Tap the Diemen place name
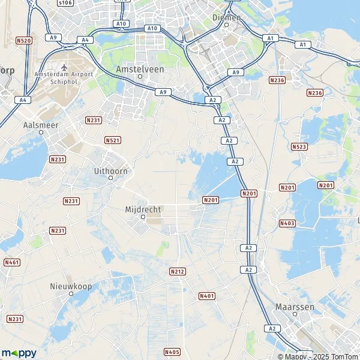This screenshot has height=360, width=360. [227, 17]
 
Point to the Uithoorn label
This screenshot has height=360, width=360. [111, 171]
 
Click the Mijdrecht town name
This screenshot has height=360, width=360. [143, 209]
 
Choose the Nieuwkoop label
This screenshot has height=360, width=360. [71, 286]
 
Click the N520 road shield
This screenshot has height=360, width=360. [24, 40]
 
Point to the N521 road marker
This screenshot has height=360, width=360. [112, 140]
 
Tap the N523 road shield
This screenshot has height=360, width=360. [299, 146]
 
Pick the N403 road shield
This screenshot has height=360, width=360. [287, 223]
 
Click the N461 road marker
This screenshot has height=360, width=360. [11, 262]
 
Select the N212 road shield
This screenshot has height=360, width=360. [177, 271]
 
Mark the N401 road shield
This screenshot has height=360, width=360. [206, 296]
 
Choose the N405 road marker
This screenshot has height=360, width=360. [172, 352]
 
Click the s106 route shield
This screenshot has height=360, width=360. [65, 2]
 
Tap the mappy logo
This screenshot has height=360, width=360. [19, 353]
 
